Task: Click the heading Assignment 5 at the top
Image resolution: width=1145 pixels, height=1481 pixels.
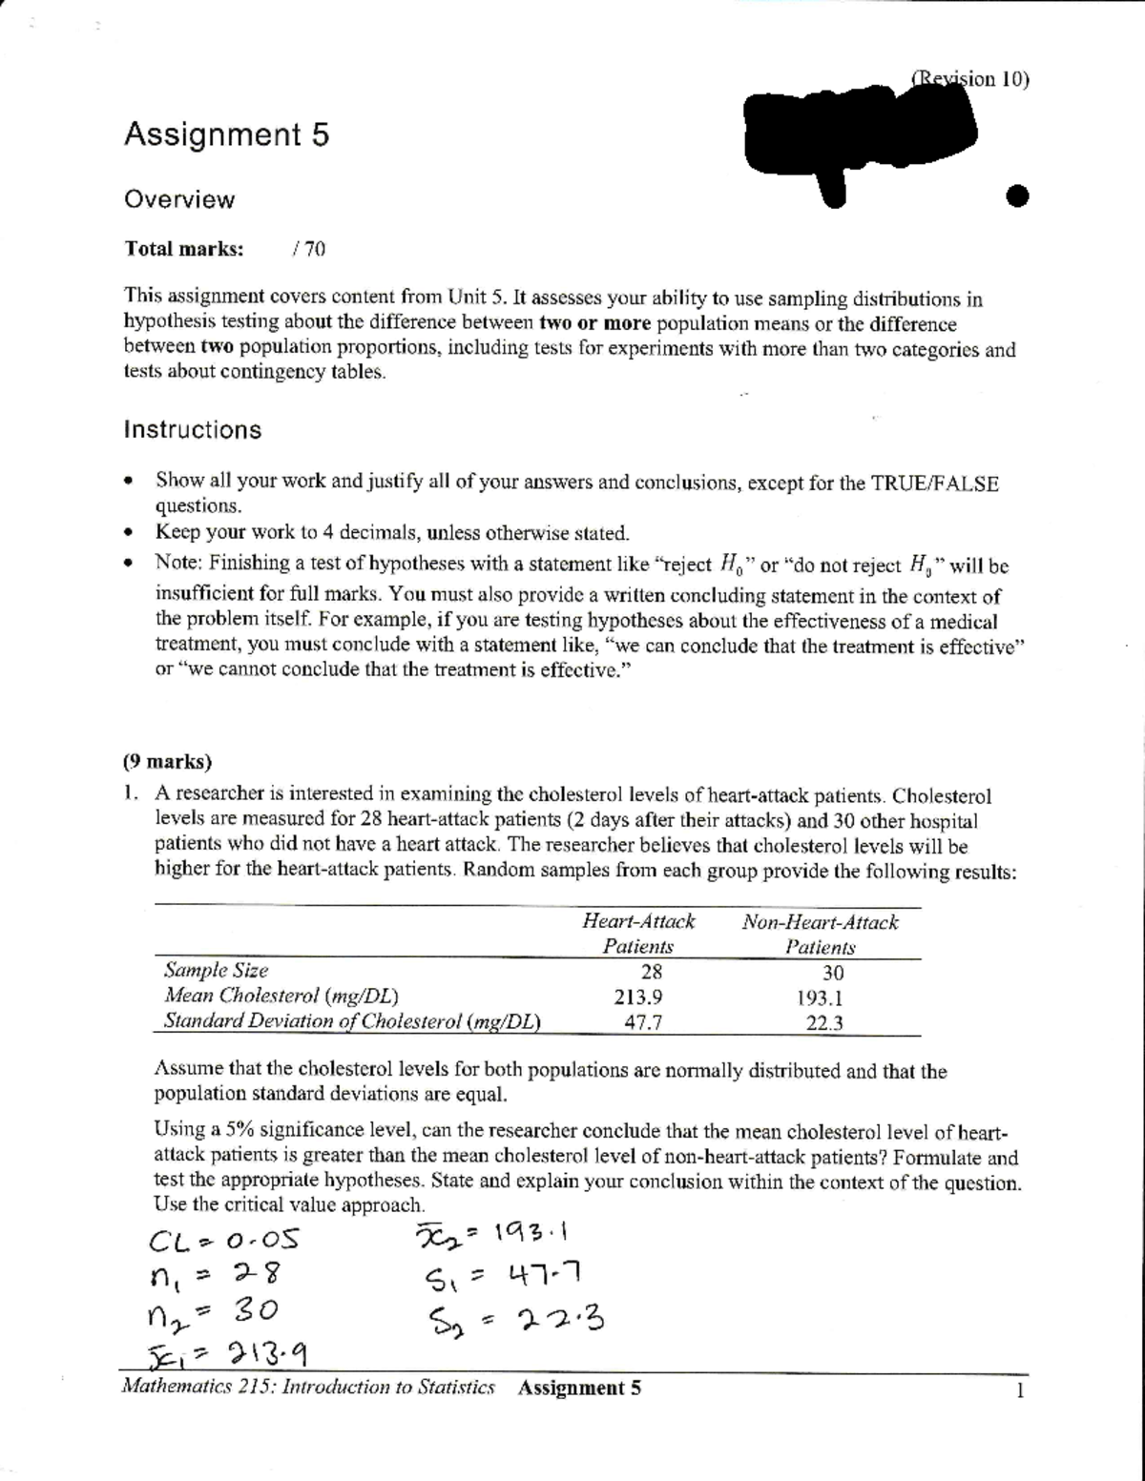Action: pyautogui.click(x=226, y=135)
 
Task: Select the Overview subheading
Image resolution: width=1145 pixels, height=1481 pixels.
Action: pyautogui.click(x=179, y=200)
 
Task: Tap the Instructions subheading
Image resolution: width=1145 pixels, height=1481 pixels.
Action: pyautogui.click(x=192, y=430)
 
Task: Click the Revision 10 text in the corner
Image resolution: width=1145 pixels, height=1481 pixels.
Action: pyautogui.click(x=970, y=79)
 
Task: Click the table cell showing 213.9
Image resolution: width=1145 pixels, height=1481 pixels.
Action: pyautogui.click(x=637, y=998)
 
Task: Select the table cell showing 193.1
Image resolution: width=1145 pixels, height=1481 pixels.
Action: pyautogui.click(x=820, y=998)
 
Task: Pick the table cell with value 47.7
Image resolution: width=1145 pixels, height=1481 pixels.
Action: pyautogui.click(x=637, y=1022)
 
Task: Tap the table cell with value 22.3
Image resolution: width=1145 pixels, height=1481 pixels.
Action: pyautogui.click(x=821, y=1023)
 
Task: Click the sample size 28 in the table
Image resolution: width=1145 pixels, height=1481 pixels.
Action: pyautogui.click(x=650, y=972)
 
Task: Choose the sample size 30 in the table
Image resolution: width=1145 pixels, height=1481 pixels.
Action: pyautogui.click(x=832, y=973)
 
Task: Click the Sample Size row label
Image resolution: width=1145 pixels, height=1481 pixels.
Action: pyautogui.click(x=216, y=971)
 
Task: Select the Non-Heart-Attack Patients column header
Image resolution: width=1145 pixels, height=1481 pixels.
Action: pyautogui.click(x=820, y=935)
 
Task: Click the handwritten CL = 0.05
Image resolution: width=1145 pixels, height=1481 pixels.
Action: pyautogui.click(x=224, y=1241)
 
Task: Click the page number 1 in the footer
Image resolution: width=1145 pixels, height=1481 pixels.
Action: pyautogui.click(x=1019, y=1389)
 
